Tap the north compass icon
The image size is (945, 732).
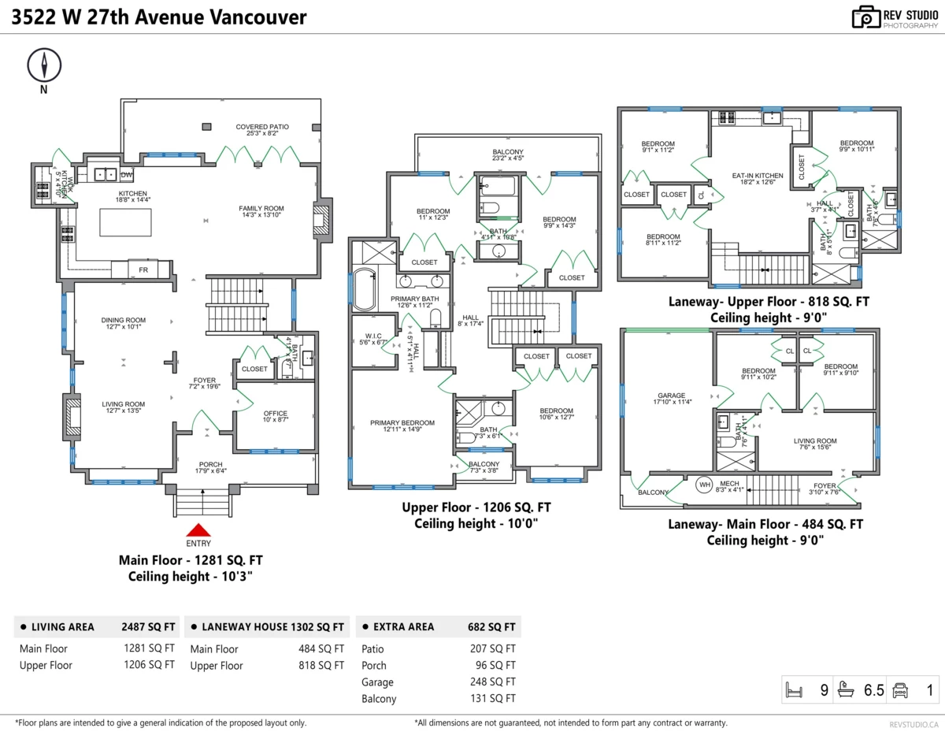[x=44, y=65]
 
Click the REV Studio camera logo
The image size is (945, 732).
[x=865, y=17]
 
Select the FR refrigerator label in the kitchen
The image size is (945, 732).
[x=143, y=269]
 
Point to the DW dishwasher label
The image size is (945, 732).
[x=127, y=174]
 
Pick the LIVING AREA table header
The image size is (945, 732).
[x=62, y=627]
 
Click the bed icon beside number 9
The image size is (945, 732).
[x=794, y=691]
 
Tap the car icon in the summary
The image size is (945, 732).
[x=900, y=691]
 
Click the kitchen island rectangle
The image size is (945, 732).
[x=125, y=223]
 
